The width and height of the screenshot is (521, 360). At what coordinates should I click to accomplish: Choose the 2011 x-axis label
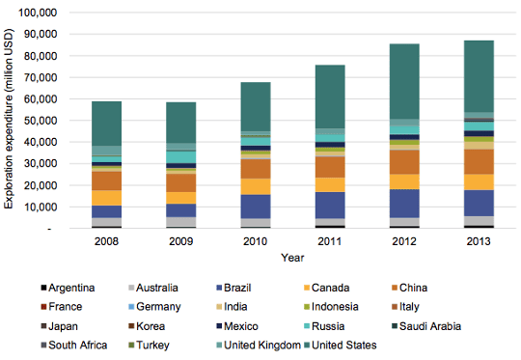point(329,242)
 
